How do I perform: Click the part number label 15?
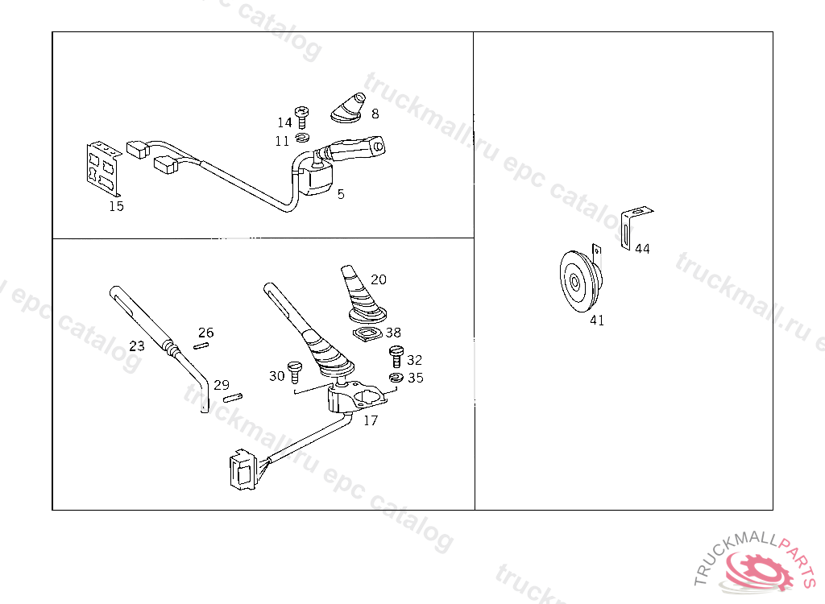tap(116, 206)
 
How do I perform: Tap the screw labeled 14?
tap(301, 118)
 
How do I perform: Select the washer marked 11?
tap(302, 138)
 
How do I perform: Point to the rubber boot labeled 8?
tap(348, 108)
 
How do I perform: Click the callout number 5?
tap(341, 194)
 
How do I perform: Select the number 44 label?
tap(642, 249)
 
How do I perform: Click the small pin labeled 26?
tap(201, 345)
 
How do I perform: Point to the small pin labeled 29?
tap(232, 398)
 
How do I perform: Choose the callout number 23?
tap(137, 346)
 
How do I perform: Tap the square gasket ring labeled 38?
tap(367, 333)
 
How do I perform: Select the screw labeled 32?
tap(396, 356)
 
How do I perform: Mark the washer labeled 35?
tap(396, 377)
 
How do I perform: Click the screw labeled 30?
tap(293, 371)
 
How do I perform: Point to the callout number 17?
tap(371, 420)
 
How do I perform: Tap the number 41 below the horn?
tap(597, 321)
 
